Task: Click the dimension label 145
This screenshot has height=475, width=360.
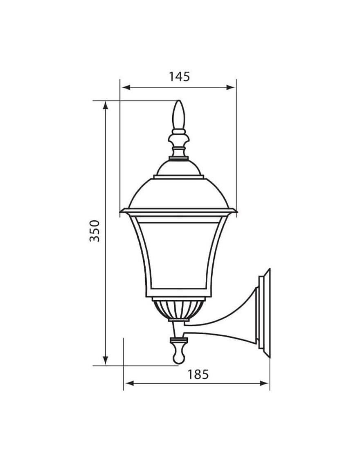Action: pos(179,77)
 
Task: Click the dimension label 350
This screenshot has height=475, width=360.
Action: pos(94,231)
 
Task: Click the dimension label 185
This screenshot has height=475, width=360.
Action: pos(198,375)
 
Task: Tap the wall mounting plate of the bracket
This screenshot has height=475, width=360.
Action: pos(264,313)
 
